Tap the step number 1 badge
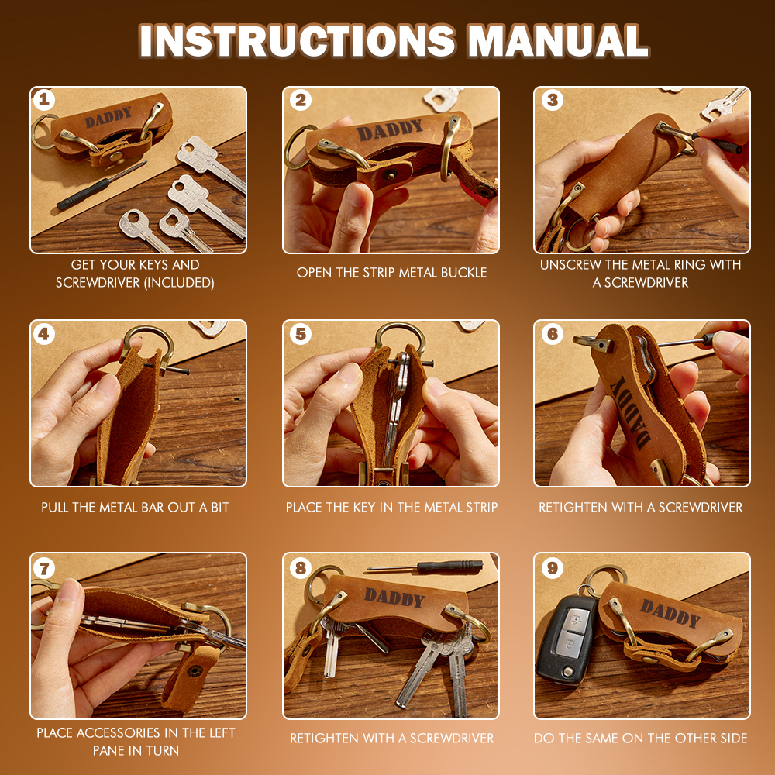[x=44, y=100]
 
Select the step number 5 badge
[x=301, y=334]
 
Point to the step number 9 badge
[x=552, y=567]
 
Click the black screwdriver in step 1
[x=102, y=186]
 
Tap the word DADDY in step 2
[x=390, y=130]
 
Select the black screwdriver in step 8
[x=425, y=567]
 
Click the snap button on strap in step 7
[x=195, y=671]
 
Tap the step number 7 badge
[x=44, y=568]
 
